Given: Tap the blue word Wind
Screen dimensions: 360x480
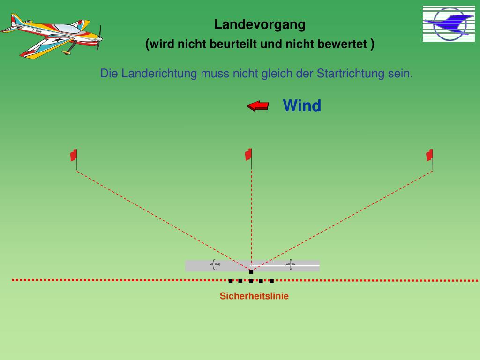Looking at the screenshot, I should (x=302, y=105).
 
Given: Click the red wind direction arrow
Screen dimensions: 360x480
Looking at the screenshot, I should (x=258, y=106).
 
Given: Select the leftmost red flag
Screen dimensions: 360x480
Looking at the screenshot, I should (x=74, y=155).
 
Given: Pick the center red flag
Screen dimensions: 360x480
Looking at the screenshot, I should (x=248, y=154).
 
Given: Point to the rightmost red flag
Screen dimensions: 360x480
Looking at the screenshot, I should (x=429, y=155).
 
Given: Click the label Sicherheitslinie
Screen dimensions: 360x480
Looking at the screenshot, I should (x=254, y=296).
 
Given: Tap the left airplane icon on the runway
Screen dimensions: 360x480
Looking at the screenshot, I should (x=215, y=265).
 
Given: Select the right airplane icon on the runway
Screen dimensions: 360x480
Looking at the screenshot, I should (x=290, y=265).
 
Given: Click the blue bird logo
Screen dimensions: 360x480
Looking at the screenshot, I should (x=449, y=23).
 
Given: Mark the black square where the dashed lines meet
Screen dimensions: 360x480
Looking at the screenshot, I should (x=251, y=271).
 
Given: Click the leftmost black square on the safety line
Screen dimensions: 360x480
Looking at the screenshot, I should (x=231, y=281).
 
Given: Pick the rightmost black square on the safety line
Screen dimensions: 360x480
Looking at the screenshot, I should (x=271, y=281).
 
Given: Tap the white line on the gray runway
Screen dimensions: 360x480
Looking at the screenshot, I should (x=305, y=265).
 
